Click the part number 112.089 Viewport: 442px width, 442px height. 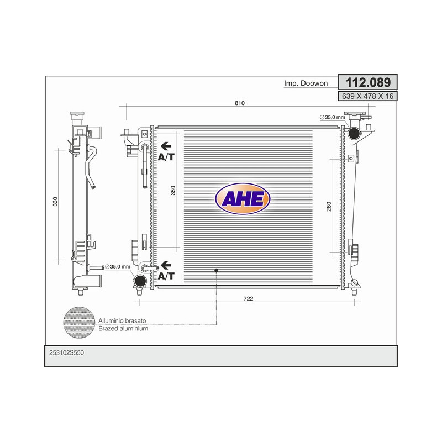click(368, 82)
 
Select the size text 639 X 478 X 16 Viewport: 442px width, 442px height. click(367, 96)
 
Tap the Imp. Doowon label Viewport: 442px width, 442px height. click(306, 83)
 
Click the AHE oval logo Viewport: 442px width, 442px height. click(243, 199)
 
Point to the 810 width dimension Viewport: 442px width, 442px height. click(240, 103)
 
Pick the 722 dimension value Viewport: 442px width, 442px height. click(248, 299)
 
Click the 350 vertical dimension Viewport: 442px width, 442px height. click(173, 191)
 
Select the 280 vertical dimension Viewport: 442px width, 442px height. click(329, 207)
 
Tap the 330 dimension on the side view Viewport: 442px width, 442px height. click(55, 202)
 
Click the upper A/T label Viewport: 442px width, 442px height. click(166, 157)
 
